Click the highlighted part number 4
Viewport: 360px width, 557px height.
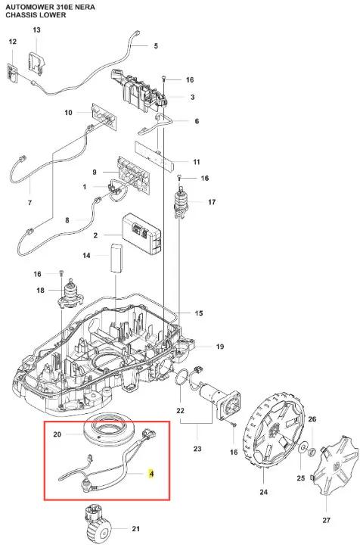click(x=151, y=474)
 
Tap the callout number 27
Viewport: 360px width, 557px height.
click(x=326, y=520)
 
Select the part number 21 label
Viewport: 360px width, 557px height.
click(x=136, y=529)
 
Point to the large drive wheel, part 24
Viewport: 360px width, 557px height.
click(x=274, y=433)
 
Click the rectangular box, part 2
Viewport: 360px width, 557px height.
click(x=141, y=233)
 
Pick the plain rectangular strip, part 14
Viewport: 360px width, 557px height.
click(x=116, y=258)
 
